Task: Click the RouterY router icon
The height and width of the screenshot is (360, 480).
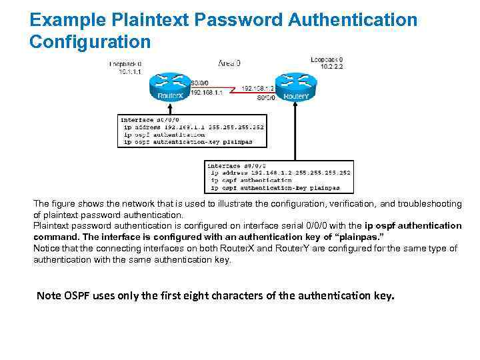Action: click(295, 85)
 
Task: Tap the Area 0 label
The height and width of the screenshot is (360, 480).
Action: click(229, 63)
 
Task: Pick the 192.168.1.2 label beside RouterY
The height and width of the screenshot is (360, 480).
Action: click(257, 88)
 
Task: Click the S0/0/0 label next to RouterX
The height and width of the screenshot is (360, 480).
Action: click(200, 83)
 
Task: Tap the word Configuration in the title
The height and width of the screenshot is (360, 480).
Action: click(90, 42)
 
